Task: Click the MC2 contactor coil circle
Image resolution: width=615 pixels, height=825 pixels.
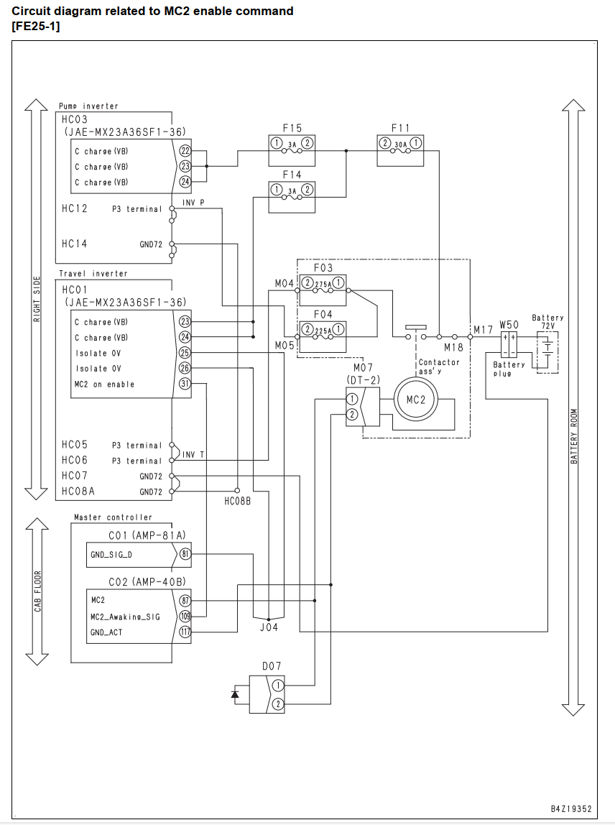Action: (415, 400)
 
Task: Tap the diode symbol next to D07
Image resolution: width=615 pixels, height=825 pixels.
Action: (235, 694)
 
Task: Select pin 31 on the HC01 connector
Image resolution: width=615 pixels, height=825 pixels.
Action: (185, 384)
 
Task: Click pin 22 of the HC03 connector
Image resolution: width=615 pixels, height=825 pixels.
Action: (185, 150)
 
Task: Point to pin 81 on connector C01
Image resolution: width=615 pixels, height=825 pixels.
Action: (185, 553)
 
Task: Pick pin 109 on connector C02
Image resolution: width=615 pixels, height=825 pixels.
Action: (185, 616)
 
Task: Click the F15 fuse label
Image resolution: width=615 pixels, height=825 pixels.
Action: (292, 128)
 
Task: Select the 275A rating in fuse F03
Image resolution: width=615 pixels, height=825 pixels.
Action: (323, 285)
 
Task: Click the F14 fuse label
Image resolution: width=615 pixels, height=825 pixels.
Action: (292, 174)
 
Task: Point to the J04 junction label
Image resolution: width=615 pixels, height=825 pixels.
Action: (269, 627)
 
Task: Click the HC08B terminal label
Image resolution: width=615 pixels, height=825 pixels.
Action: (238, 502)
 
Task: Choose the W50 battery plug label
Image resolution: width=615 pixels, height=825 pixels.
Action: (509, 325)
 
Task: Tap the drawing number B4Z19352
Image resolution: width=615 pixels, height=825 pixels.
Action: (571, 808)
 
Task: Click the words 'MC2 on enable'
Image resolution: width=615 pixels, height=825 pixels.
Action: (104, 384)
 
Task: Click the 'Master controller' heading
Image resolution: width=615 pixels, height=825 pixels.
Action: (113, 517)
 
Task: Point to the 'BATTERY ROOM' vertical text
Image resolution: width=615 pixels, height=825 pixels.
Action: (574, 437)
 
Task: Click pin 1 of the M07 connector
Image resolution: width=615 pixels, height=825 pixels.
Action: (352, 398)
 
